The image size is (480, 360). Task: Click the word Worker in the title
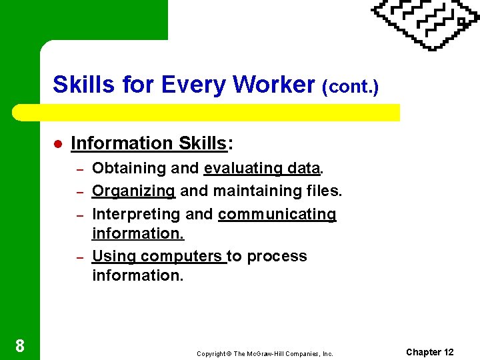(274, 85)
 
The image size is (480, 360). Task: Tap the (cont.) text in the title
(350, 87)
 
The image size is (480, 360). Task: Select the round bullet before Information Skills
(58, 144)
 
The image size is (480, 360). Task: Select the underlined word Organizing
(133, 191)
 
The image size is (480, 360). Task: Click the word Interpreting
(136, 214)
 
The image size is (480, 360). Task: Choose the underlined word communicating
(277, 214)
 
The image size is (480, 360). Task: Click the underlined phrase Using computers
(158, 256)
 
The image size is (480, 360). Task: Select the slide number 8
(20, 345)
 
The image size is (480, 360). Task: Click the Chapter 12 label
(429, 352)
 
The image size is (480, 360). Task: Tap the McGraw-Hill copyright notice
(264, 353)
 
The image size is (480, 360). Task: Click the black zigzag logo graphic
(425, 23)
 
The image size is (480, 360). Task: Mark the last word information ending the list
(137, 275)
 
